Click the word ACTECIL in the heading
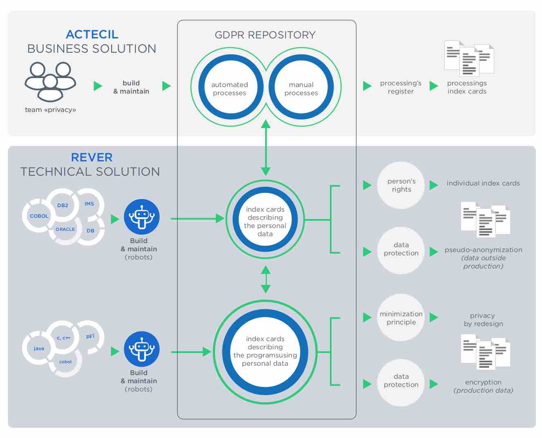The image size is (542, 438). click(x=92, y=35)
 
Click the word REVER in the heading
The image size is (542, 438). click(x=92, y=157)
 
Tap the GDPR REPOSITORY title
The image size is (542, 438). click(x=265, y=35)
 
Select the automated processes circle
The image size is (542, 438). click(x=231, y=87)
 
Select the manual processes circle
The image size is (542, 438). click(x=301, y=87)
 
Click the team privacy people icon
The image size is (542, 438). click(x=50, y=82)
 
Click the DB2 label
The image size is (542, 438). click(x=63, y=205)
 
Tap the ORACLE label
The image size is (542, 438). click(x=65, y=229)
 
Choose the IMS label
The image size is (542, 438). click(x=90, y=204)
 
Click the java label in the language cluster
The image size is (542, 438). click(x=39, y=348)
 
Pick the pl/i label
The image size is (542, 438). click(x=90, y=336)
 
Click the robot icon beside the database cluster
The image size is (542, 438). click(x=142, y=217)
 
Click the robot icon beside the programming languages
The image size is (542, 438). click(x=142, y=349)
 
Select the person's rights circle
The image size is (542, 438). click(x=401, y=185)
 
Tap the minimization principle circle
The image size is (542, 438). click(x=401, y=318)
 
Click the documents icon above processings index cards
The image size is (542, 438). click(x=469, y=58)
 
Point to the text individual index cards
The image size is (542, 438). click(x=483, y=183)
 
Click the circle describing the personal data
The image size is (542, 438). click(x=265, y=219)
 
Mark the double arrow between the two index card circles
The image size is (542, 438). click(x=266, y=279)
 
